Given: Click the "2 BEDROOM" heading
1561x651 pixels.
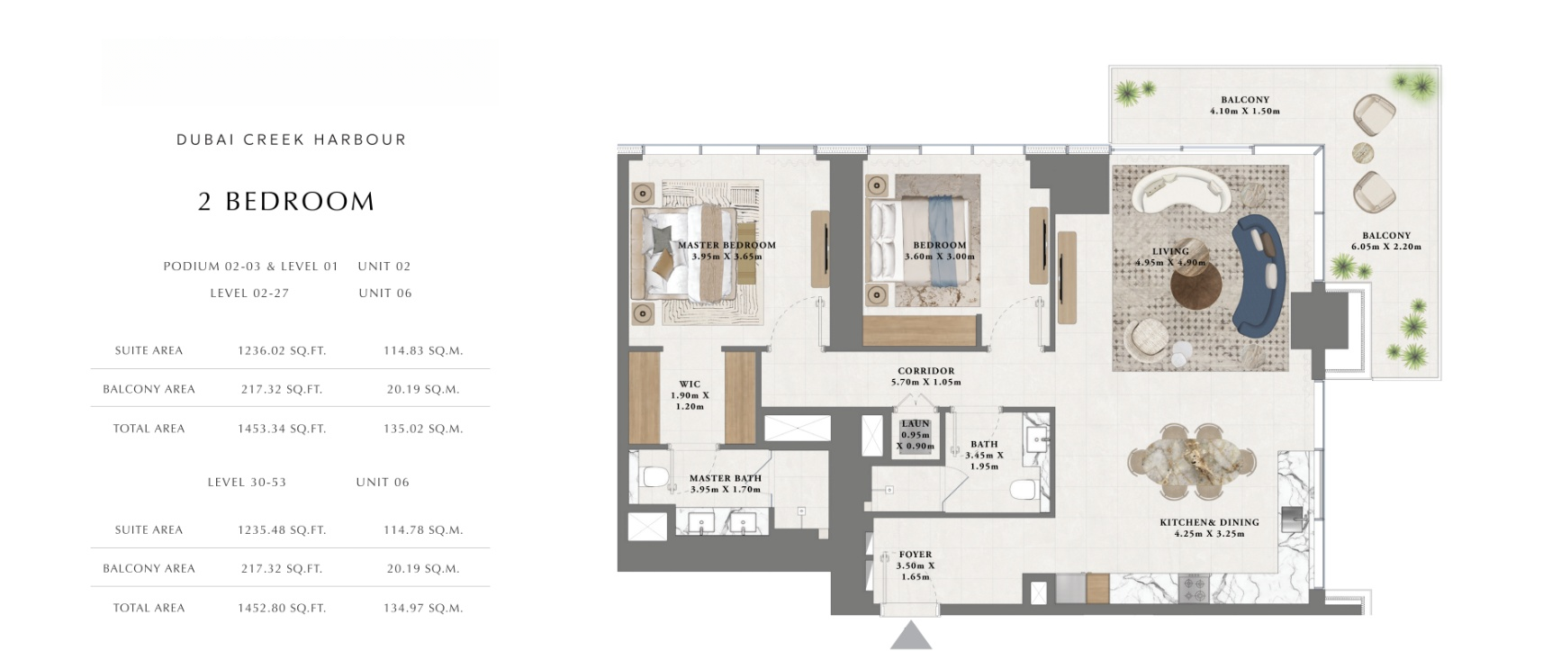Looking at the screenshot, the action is (286, 202).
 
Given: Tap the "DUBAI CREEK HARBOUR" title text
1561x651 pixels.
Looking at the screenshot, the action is (292, 140).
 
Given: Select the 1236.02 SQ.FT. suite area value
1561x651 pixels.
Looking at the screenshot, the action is (282, 351).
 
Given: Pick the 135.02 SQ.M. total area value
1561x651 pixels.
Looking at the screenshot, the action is (423, 429).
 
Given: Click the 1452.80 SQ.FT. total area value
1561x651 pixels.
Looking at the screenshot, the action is (282, 609).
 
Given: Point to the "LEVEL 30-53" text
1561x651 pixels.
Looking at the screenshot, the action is (247, 483).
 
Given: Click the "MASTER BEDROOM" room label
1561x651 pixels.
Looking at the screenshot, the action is (726, 245).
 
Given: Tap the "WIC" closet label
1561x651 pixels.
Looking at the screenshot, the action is (690, 384).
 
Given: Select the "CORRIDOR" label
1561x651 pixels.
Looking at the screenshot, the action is (925, 371).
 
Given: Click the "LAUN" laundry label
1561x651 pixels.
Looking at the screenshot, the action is (916, 423).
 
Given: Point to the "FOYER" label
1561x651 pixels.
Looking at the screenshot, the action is (916, 555).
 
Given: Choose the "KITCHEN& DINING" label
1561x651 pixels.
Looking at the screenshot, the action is (1209, 522).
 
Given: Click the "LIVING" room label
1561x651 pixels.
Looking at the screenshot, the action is (1170, 251).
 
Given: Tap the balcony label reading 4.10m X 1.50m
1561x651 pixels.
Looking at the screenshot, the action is (1245, 105).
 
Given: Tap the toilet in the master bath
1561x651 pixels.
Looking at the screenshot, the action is (653, 475).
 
